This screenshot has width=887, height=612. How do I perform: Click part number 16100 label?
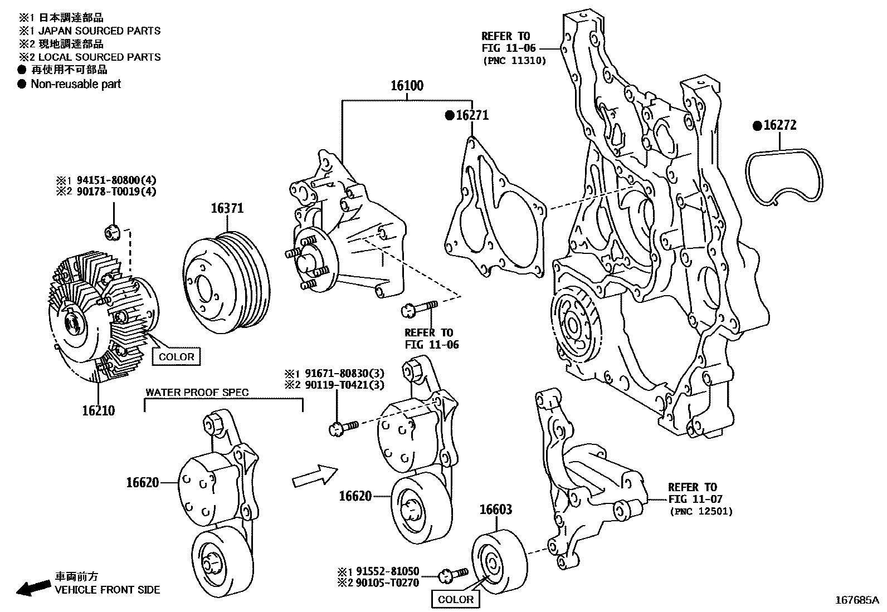pyautogui.click(x=406, y=86)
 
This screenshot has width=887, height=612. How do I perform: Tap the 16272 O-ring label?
pyautogui.click(x=779, y=125)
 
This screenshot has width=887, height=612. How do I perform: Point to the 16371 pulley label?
pyautogui.click(x=227, y=208)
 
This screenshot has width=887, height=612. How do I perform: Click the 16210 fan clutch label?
pyautogui.click(x=98, y=411)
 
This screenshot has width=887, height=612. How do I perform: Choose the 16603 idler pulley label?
pyautogui.click(x=496, y=510)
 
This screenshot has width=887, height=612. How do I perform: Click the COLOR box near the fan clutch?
pyautogui.click(x=176, y=357)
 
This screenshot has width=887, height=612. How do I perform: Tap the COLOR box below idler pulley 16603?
pyautogui.click(x=455, y=599)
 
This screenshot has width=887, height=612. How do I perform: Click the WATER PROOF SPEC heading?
pyautogui.click(x=197, y=392)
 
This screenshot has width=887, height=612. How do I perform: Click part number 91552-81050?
pyautogui.click(x=385, y=571)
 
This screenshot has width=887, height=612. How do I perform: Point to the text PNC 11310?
pyautogui.click(x=514, y=60)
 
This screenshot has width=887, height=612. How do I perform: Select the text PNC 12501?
pyautogui.click(x=701, y=511)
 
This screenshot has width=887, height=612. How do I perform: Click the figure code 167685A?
pyautogui.click(x=856, y=600)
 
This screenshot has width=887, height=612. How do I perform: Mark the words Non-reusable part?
pyautogui.click(x=76, y=84)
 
